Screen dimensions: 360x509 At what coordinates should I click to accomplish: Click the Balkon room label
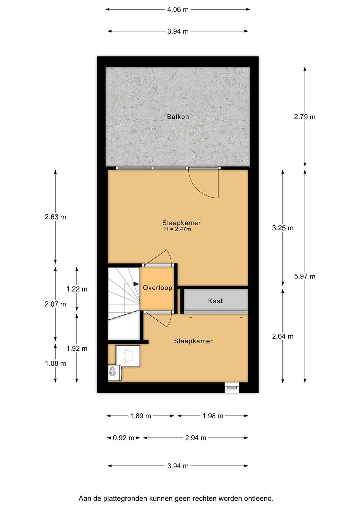(x=178, y=117)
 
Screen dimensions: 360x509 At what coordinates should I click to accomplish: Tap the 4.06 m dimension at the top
(x=178, y=10)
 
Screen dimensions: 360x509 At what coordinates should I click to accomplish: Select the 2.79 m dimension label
(x=305, y=117)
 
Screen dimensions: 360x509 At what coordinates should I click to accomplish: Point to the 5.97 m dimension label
(x=305, y=276)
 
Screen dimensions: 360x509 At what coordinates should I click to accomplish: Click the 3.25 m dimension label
(x=282, y=228)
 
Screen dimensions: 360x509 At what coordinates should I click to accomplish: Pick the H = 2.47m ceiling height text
(x=178, y=229)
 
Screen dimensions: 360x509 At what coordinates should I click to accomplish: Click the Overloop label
(x=157, y=288)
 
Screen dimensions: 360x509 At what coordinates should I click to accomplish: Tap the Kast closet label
(x=215, y=301)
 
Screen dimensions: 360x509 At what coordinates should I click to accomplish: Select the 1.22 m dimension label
(x=77, y=289)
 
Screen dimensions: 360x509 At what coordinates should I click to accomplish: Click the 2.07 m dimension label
(x=55, y=304)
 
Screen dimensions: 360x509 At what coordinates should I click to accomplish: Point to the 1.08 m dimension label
(x=55, y=364)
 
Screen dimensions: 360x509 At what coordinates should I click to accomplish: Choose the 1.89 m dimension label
(x=140, y=416)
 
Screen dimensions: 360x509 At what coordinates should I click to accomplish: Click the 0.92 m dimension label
(x=123, y=438)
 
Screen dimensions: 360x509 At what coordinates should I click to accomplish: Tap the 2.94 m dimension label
(x=196, y=438)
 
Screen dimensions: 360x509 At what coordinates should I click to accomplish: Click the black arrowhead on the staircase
(x=136, y=284)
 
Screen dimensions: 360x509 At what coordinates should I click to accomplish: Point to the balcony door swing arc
(x=200, y=188)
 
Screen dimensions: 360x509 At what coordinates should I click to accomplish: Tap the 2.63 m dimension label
(x=55, y=217)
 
